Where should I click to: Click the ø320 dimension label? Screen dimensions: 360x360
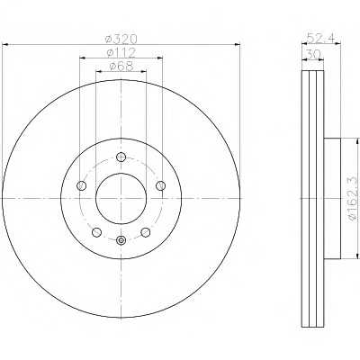[121, 39]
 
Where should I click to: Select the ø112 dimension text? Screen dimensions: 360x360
[121, 52]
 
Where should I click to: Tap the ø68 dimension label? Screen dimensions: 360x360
[121, 67]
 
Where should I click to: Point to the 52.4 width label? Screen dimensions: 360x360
[320, 39]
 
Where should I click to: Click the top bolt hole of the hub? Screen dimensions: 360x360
[121, 157]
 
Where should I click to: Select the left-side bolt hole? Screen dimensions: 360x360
[82, 185]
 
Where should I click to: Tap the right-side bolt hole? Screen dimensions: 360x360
[161, 185]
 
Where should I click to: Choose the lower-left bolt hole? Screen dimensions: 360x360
[96, 232]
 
